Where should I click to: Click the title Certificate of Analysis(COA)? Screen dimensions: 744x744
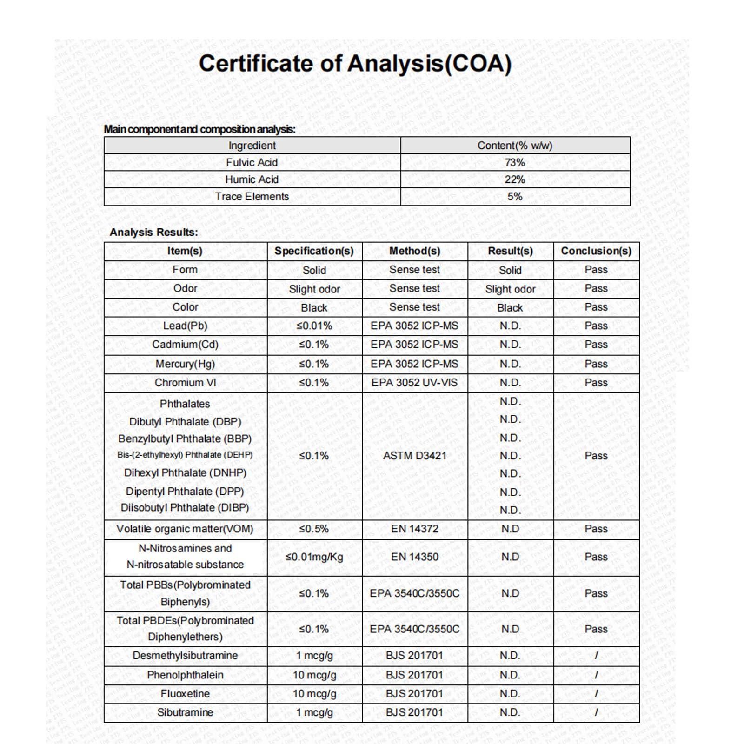click(355, 64)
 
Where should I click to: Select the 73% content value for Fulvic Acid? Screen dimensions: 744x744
click(515, 163)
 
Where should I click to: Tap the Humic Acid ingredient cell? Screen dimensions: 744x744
click(252, 179)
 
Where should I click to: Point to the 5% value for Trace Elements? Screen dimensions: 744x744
click(515, 197)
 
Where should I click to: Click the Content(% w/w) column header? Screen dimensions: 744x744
click(515, 146)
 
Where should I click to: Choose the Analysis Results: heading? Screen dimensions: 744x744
click(153, 232)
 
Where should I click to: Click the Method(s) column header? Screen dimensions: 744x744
click(414, 251)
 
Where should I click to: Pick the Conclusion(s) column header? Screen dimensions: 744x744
click(596, 251)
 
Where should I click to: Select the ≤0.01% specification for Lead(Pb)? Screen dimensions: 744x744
click(314, 326)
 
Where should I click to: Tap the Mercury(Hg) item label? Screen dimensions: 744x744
click(185, 364)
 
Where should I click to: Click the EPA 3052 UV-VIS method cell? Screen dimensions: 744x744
click(414, 383)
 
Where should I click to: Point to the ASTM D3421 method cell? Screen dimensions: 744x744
click(414, 456)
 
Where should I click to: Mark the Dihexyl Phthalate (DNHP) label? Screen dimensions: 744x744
click(185, 473)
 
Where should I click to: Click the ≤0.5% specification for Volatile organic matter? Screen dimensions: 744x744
click(314, 529)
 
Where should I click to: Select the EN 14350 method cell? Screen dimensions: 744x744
click(414, 557)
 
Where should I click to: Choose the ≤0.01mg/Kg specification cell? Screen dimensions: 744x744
click(314, 557)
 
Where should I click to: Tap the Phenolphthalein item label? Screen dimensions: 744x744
click(185, 675)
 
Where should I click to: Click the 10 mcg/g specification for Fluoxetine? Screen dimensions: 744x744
click(314, 694)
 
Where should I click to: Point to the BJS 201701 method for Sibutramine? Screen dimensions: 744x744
click(414, 712)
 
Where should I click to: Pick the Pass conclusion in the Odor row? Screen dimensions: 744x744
click(596, 289)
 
